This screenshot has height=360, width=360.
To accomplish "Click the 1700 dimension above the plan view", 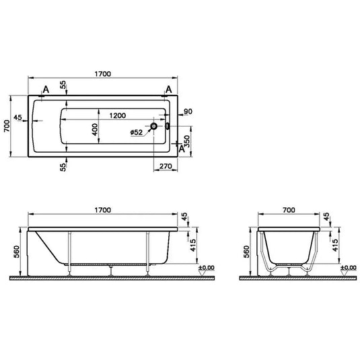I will point(103,73).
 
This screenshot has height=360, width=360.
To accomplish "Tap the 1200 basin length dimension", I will point(118,115).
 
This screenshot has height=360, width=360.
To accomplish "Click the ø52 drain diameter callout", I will point(137,133).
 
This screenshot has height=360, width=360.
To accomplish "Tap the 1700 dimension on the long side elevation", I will point(103,211).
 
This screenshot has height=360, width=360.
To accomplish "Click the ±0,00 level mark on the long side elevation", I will point(206,268).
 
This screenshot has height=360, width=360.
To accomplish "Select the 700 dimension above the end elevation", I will point(288,211).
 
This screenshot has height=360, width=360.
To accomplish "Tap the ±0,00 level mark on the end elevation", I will point(348,268).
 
